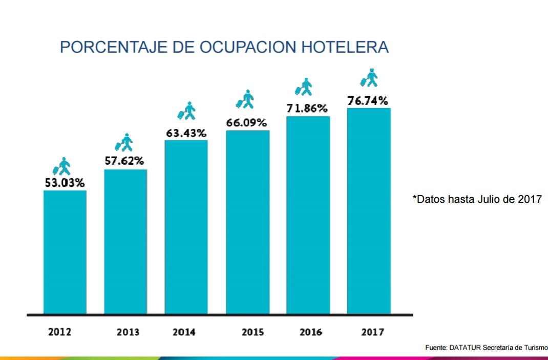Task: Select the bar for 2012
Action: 65,252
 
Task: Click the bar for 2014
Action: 186,227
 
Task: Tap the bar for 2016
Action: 308,215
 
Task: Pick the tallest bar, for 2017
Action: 369,210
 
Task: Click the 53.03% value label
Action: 64,183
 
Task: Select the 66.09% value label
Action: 246,123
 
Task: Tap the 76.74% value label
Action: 368,101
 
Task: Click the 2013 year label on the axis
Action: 128,332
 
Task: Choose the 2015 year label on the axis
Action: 253,332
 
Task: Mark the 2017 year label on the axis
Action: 372,332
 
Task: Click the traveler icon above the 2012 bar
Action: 62,166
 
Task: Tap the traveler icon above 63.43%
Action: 187,111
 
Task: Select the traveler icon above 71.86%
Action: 304,87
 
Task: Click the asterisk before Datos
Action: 414,197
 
